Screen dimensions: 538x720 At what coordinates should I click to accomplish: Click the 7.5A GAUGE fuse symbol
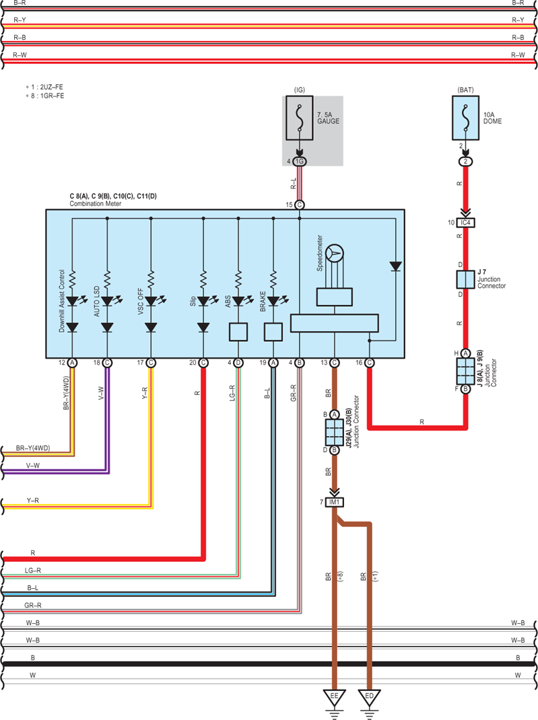coord(300,118)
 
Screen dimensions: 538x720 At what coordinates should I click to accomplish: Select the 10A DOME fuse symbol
coord(465,118)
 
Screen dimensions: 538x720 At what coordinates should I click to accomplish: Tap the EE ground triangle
coord(335,698)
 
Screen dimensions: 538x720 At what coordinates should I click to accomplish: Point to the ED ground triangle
coord(370,698)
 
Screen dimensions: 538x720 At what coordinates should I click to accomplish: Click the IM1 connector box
coord(335,503)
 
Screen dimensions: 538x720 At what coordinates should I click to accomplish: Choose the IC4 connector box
coord(465,223)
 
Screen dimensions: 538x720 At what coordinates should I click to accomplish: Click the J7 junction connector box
coord(465,279)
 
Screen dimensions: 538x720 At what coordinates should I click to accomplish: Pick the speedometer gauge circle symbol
coord(335,254)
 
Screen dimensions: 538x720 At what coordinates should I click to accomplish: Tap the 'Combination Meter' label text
coord(96,204)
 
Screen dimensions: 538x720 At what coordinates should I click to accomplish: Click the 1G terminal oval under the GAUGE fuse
coord(300,161)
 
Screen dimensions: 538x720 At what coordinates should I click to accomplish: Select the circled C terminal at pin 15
coord(300,205)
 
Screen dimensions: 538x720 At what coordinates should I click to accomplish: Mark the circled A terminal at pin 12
coord(72,363)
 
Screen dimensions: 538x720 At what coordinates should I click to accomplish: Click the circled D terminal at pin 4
coord(238,363)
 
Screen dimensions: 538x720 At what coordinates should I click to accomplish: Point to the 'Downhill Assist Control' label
coord(62,301)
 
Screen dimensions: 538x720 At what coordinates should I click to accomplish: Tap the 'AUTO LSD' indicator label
coord(97,301)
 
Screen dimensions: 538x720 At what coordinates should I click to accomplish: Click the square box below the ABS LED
coord(238,332)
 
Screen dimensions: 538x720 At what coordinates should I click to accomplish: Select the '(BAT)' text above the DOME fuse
coord(465,90)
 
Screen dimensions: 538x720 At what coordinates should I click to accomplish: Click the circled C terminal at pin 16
coord(370,363)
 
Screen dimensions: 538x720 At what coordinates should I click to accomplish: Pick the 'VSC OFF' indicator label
coord(141,301)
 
